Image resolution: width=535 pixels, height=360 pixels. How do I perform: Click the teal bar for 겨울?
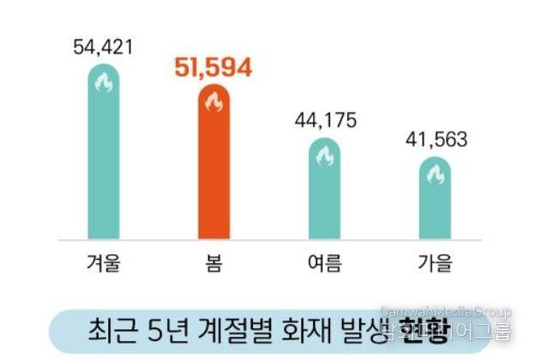[x=104, y=154]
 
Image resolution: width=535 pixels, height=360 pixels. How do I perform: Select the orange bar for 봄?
[x=213, y=167]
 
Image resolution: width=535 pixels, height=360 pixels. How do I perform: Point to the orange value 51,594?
[x=213, y=69]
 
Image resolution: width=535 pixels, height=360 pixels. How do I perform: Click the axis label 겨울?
[x=103, y=262]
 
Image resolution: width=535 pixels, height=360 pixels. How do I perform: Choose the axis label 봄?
[x=213, y=262]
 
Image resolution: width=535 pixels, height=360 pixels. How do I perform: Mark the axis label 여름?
[x=323, y=262]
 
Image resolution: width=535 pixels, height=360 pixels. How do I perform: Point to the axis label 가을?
[x=435, y=262]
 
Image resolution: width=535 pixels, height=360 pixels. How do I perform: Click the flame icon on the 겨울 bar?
[x=104, y=84]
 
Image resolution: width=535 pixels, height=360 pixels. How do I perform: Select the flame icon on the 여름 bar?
[x=323, y=157]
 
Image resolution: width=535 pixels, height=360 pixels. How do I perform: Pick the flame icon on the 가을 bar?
[x=435, y=176]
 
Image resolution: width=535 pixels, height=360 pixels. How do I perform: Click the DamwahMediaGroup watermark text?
[x=445, y=312]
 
